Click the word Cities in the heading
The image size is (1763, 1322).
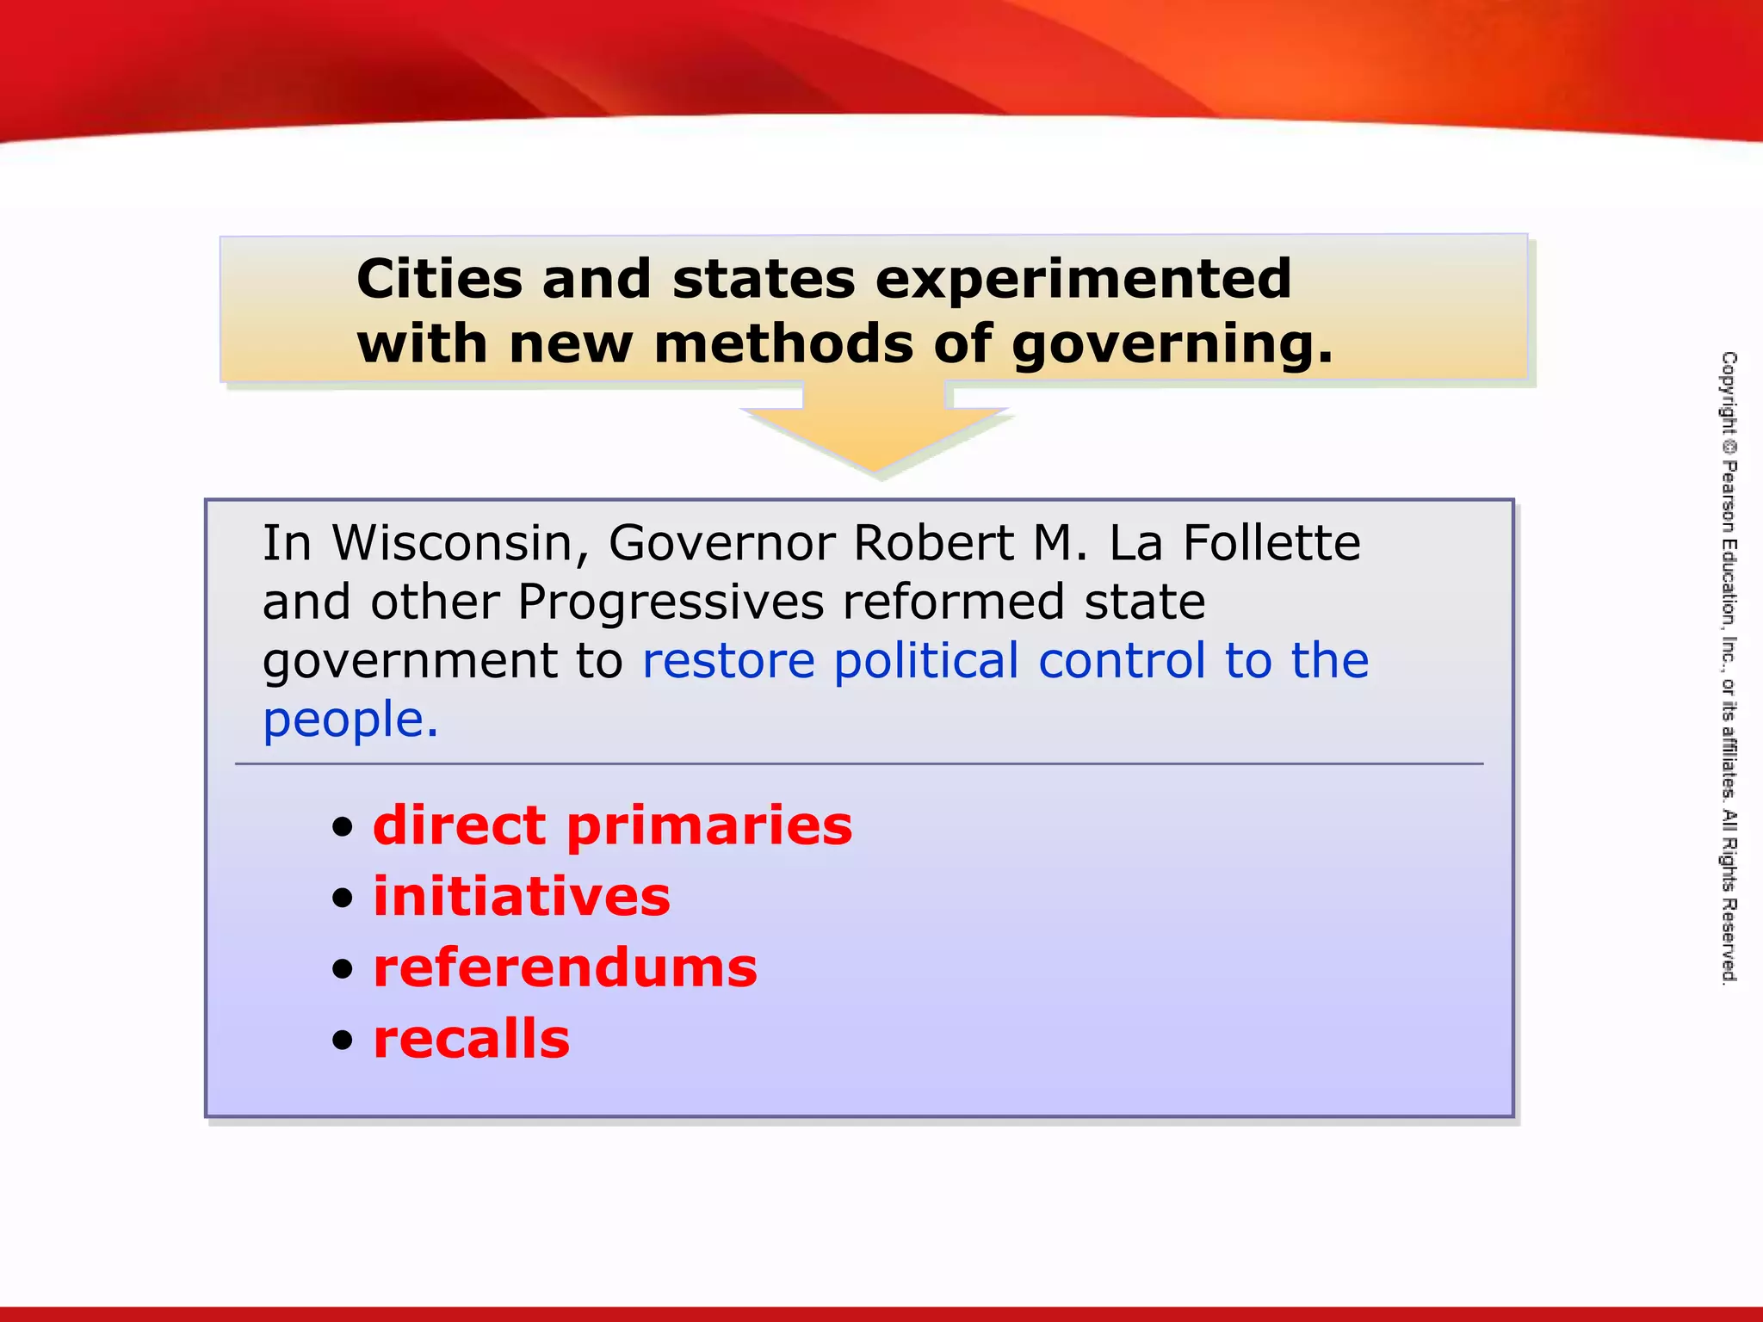tap(439, 279)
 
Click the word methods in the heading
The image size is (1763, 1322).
tap(783, 343)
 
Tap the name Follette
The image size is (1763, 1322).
tap(1271, 543)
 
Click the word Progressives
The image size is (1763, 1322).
tap(671, 602)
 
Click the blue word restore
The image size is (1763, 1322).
tap(728, 661)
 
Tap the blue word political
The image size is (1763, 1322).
tap(926, 661)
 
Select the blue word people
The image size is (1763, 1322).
tap(350, 721)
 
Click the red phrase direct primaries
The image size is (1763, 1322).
tap(612, 825)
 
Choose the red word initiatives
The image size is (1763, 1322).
tap(521, 897)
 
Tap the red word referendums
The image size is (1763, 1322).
tap(565, 968)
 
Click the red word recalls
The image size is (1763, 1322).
tap(471, 1039)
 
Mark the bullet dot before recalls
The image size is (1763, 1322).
tap(343, 1041)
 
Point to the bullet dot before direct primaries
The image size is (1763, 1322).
tap(343, 827)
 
